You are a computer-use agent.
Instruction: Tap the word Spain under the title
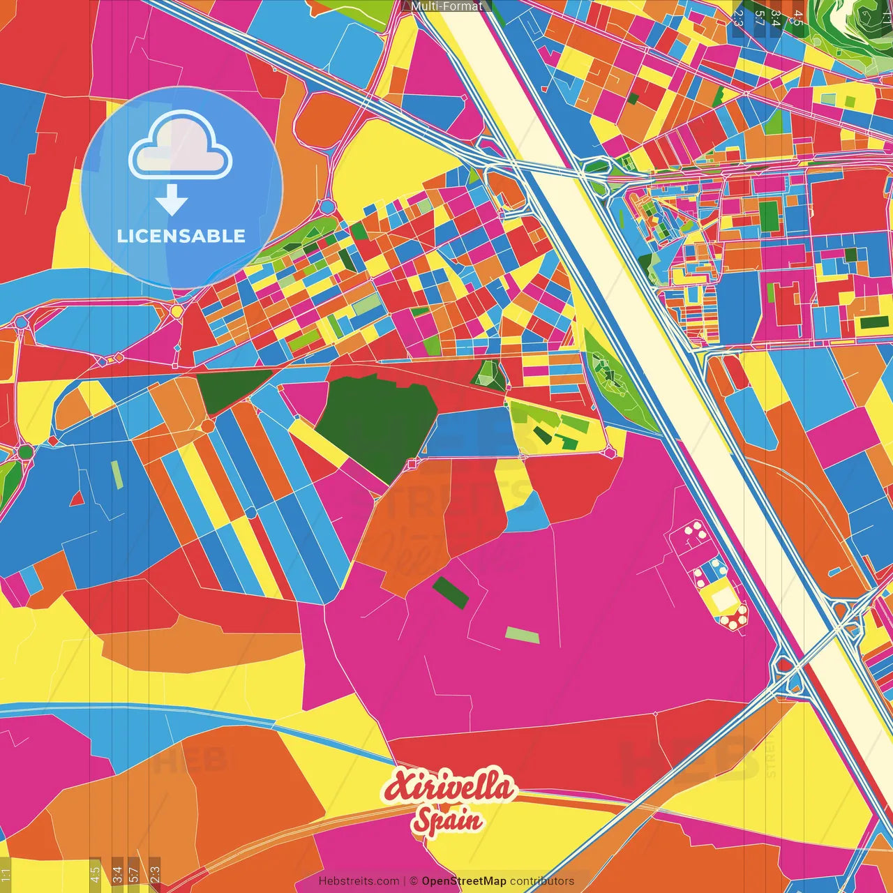447,819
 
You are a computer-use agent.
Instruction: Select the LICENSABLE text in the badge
181,236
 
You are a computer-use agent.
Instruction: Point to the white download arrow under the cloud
172,200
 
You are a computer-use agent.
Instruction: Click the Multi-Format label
446,6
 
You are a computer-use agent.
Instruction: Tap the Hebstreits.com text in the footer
359,881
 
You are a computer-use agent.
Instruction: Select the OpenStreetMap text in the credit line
463,881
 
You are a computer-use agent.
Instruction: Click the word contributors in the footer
542,881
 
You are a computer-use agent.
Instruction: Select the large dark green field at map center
377,426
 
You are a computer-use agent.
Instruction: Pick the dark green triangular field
234,389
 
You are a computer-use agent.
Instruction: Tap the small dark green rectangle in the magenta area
451,592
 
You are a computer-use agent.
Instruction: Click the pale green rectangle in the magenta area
523,635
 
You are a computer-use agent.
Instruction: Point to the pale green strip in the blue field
117,474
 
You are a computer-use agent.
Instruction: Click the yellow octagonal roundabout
177,311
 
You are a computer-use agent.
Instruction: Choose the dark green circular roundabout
25,452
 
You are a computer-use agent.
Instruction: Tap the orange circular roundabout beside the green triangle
208,426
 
